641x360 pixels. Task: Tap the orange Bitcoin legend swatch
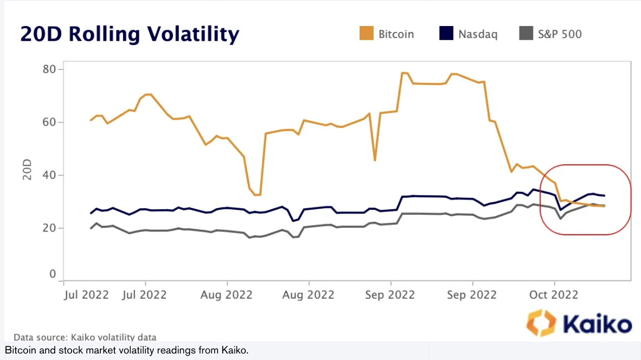click(x=367, y=34)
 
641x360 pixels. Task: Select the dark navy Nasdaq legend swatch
click(x=446, y=34)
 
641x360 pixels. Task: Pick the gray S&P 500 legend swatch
click(x=525, y=34)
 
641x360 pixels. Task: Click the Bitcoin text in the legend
click(x=396, y=34)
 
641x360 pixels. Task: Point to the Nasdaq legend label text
click(x=478, y=34)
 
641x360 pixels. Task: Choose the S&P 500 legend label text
click(x=560, y=34)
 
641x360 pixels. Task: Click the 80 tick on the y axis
click(x=50, y=69)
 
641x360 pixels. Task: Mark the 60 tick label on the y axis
click(x=50, y=122)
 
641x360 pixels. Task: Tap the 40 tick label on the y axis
click(x=50, y=175)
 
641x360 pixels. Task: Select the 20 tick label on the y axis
click(x=50, y=228)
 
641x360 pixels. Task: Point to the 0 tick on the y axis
click(x=53, y=274)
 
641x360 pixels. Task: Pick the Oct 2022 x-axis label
click(x=554, y=295)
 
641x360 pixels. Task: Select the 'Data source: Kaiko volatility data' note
click(x=85, y=337)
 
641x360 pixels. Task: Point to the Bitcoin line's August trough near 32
click(x=258, y=195)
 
